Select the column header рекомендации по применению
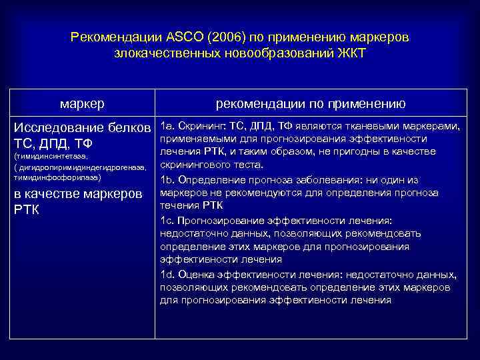pos(311,103)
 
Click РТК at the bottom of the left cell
pos(27,209)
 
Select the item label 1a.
pos(167,127)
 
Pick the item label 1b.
pos(167,180)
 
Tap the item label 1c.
pos(167,220)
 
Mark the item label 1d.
pos(167,274)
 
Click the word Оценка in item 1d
pos(196,274)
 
